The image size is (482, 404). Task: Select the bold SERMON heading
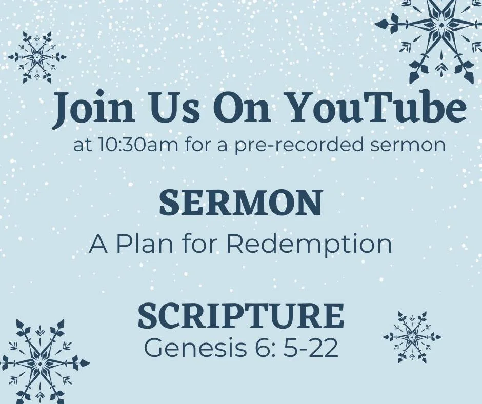click(240, 203)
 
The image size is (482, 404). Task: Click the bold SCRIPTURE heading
click(240, 316)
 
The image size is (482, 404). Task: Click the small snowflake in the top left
click(37, 57)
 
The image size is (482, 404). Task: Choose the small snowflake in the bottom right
click(412, 337)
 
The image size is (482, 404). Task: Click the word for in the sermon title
click(192, 245)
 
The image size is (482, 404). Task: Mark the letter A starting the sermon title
click(98, 245)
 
